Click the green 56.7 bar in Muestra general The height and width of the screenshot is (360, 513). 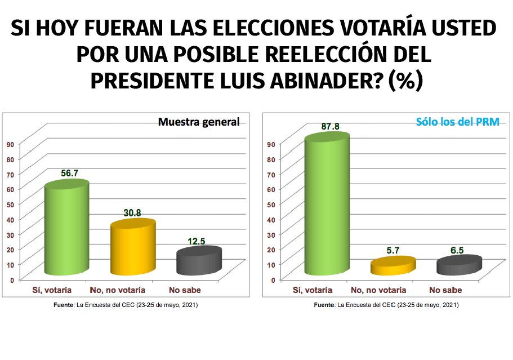(66, 228)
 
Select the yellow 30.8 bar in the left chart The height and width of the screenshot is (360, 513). (133, 248)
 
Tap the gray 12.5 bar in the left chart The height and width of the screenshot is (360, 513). (199, 262)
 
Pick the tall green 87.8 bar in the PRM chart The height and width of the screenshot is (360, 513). (327, 206)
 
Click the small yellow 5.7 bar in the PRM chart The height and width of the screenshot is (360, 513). (392, 266)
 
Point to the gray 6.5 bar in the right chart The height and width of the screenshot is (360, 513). (459, 265)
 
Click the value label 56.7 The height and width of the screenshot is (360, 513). (69, 173)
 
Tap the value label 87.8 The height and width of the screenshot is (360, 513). (330, 127)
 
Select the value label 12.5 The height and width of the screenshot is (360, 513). (196, 241)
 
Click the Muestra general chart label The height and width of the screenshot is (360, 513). (199, 122)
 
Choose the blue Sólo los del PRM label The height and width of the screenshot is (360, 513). (457, 122)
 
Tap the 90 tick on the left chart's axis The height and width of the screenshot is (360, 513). (10, 144)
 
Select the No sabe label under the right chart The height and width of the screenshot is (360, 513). (445, 290)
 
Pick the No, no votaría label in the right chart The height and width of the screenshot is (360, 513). (378, 290)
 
